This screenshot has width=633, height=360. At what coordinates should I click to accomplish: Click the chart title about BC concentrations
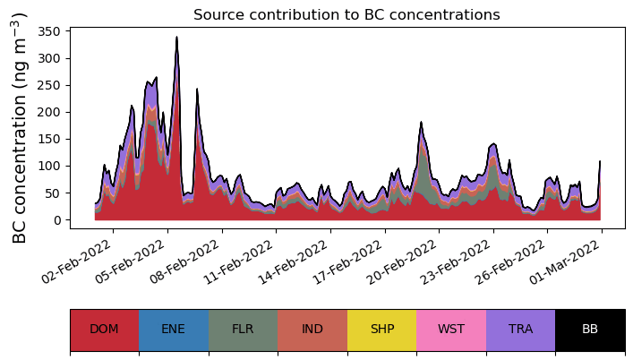(x=346, y=14)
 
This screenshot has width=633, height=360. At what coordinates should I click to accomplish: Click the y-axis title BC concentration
(x=21, y=127)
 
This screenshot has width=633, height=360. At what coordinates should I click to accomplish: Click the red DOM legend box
(x=104, y=330)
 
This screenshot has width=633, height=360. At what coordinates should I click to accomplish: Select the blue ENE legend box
(x=174, y=330)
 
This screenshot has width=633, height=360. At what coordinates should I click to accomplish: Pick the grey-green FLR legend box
(x=243, y=330)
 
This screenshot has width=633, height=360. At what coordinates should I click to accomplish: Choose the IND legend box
(x=312, y=330)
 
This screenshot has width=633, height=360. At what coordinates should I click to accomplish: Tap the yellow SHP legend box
(x=381, y=330)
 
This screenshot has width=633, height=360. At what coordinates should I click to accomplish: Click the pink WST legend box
(x=451, y=330)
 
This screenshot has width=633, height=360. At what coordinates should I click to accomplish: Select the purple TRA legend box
(x=520, y=330)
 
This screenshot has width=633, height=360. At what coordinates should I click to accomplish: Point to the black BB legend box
(x=590, y=330)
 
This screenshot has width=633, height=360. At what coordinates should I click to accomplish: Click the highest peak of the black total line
(x=177, y=38)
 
